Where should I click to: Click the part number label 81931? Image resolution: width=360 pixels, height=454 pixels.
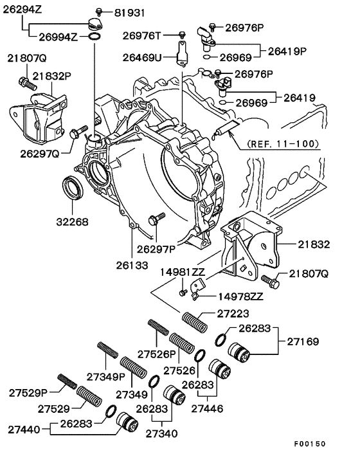click(x=130, y=13)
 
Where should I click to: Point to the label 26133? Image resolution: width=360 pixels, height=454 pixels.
click(x=132, y=264)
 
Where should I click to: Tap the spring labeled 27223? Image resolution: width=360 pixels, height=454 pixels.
click(x=193, y=320)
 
